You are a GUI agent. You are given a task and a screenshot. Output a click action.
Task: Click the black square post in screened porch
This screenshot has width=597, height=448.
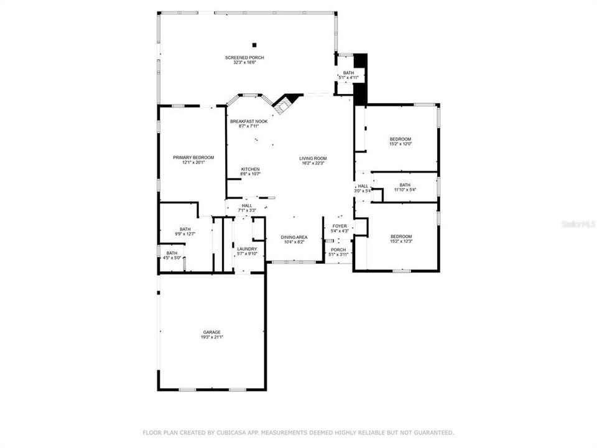[x=254, y=44]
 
